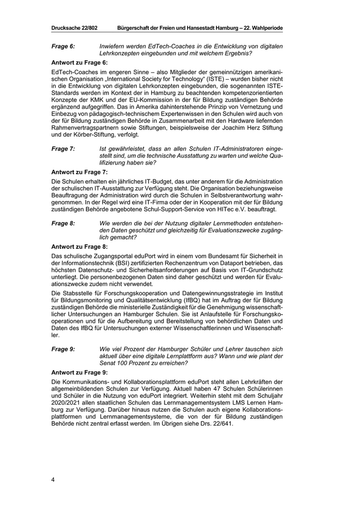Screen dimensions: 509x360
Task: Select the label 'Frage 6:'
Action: click(x=63, y=46)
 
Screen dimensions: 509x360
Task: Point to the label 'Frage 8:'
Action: click(x=63, y=224)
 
